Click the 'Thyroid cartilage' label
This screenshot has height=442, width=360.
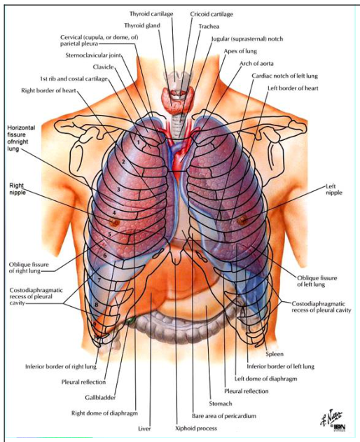click(151, 13)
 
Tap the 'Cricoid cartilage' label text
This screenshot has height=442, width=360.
click(212, 14)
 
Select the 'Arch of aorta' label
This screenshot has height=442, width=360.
click(256, 64)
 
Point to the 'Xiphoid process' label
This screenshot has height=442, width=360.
click(196, 428)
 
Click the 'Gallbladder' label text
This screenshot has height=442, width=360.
click(100, 397)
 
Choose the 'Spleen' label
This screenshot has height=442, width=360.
click(275, 354)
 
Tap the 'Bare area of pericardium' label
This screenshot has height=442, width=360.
click(224, 416)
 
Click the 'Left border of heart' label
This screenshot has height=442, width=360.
click(293, 88)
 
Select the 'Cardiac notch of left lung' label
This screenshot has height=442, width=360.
click(285, 76)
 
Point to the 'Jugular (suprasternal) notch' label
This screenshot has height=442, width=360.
click(247, 39)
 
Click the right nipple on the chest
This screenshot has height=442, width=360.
click(114, 223)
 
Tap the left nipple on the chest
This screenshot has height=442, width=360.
click(242, 220)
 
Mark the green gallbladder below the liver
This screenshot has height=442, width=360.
click(130, 320)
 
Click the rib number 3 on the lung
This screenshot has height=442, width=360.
click(118, 189)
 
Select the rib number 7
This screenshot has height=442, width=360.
click(99, 280)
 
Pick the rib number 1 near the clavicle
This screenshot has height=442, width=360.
click(139, 142)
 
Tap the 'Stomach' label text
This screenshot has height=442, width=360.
click(221, 403)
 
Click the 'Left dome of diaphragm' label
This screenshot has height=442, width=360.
click(266, 378)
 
